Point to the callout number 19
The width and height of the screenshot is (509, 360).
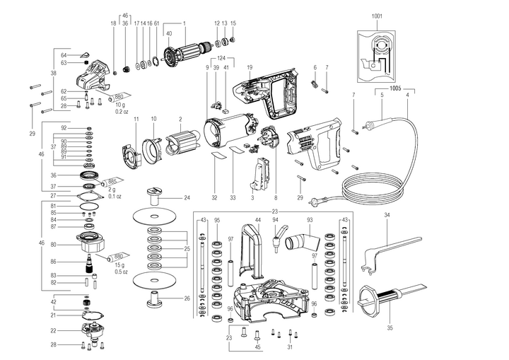pos(250,67)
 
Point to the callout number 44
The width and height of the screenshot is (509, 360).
pos(258,220)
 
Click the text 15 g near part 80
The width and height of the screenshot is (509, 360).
pos(121,265)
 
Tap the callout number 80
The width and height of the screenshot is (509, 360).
pos(63,245)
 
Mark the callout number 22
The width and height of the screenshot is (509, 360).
pos(63,330)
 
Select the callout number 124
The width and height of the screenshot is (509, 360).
pos(221,58)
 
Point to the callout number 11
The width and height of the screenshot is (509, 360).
pos(136,118)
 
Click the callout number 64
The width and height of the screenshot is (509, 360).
pos(63,54)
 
